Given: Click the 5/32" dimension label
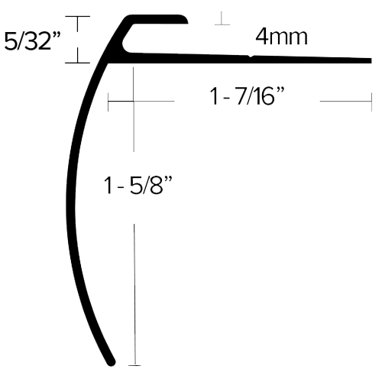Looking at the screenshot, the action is coord(32,41).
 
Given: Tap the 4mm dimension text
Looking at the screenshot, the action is coord(281,37).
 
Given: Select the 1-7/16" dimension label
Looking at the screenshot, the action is coord(247,96).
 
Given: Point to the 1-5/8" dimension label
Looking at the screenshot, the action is coord(138,186).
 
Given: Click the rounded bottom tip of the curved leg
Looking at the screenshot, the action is coord(111,362).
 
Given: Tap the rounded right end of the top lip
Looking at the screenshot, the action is coord(185,20).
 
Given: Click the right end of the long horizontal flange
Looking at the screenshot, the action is coord(371,60).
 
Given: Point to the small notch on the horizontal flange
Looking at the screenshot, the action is coord(251,57).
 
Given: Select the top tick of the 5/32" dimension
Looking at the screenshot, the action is coord(78,16).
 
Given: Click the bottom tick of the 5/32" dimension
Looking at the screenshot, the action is coord(78,63).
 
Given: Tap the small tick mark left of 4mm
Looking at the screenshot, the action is coord(222,24).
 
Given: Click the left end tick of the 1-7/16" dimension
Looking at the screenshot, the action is coord(108,102).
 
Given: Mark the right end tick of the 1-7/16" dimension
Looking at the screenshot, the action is coord(371,102).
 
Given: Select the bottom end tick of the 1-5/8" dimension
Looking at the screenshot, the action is coord(134,365).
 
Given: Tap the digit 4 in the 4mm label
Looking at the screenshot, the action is coord(261,37).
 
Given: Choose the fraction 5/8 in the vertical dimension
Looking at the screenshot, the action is coord(146,186).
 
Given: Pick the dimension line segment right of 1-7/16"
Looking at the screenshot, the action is coord(345,102).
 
